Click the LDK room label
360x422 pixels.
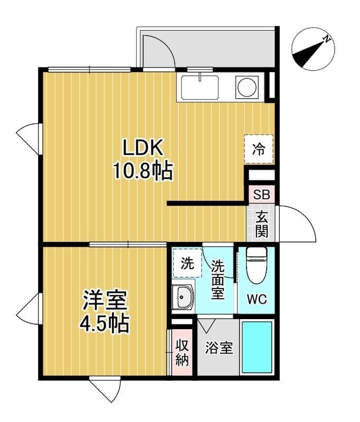pos(143,147)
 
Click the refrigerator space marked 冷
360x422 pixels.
pos(259,149)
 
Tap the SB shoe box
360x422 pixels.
pos(261,194)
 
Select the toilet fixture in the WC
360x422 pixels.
pos(257,265)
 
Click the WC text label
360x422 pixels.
pos(257,299)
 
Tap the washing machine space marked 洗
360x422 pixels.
pos(187,263)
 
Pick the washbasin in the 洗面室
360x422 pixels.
pos(183,296)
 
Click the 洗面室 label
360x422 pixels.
pos(217,280)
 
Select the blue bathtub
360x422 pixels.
pos(257,347)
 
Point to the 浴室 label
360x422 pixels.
pos(219,348)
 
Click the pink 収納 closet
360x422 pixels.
pos(182,352)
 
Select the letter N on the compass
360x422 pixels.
pos(327,39)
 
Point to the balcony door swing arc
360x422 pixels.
pos(165,44)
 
